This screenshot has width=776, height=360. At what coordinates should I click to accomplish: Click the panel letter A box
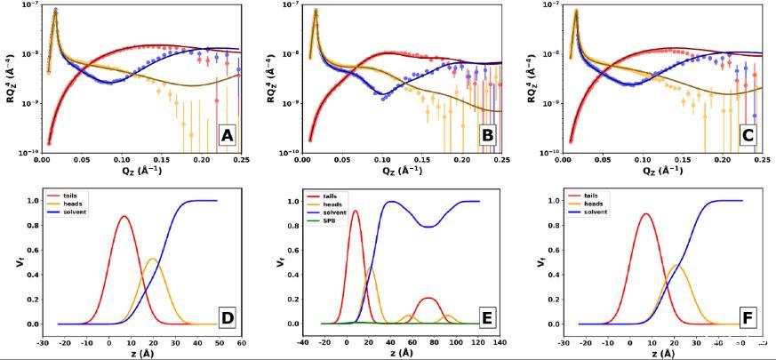(x=227, y=136)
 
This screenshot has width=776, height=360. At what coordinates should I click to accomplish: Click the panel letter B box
(x=487, y=136)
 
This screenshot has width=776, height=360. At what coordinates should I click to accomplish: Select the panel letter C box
(x=748, y=136)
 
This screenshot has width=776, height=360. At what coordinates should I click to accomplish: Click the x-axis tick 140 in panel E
(x=500, y=341)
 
